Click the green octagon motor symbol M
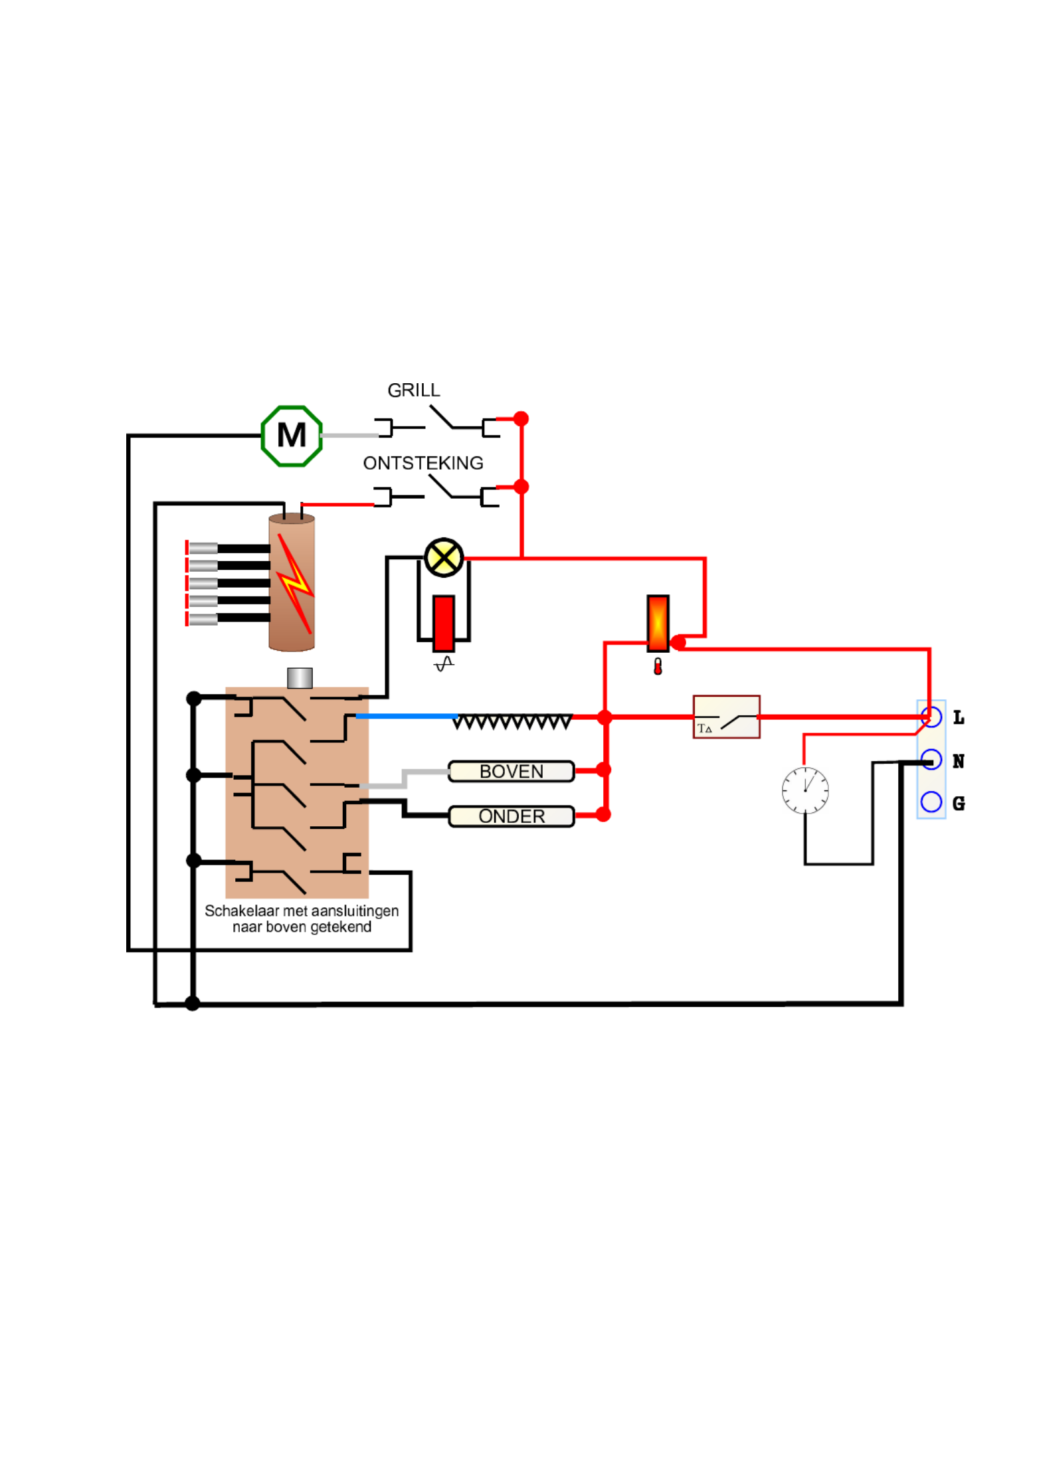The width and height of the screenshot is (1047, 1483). click(x=291, y=436)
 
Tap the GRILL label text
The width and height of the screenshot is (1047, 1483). click(x=413, y=391)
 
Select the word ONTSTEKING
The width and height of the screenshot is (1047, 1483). click(x=423, y=463)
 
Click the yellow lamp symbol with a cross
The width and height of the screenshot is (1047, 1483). click(x=443, y=557)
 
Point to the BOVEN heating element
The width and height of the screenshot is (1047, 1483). click(x=511, y=771)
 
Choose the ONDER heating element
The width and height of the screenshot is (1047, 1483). click(x=511, y=816)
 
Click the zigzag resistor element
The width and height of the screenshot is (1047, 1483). click(x=512, y=721)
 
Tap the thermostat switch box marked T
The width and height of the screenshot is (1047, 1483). click(x=725, y=717)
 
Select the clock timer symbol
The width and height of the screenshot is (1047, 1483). click(x=805, y=790)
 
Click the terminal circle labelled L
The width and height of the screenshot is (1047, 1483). click(x=931, y=717)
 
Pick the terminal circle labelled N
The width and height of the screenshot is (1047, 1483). click(x=931, y=759)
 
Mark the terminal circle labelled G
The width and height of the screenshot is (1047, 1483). click(x=931, y=802)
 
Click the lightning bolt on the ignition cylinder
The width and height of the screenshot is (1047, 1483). click(x=294, y=582)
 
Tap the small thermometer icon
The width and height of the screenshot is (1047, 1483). click(x=657, y=667)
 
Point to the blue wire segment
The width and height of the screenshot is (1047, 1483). click(x=405, y=716)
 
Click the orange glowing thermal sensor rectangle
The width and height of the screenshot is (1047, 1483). click(x=657, y=623)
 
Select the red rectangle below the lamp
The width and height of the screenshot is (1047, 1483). click(x=443, y=623)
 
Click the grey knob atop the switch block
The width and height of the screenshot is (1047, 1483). click(x=300, y=678)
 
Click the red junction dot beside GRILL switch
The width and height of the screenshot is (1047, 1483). click(x=521, y=418)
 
